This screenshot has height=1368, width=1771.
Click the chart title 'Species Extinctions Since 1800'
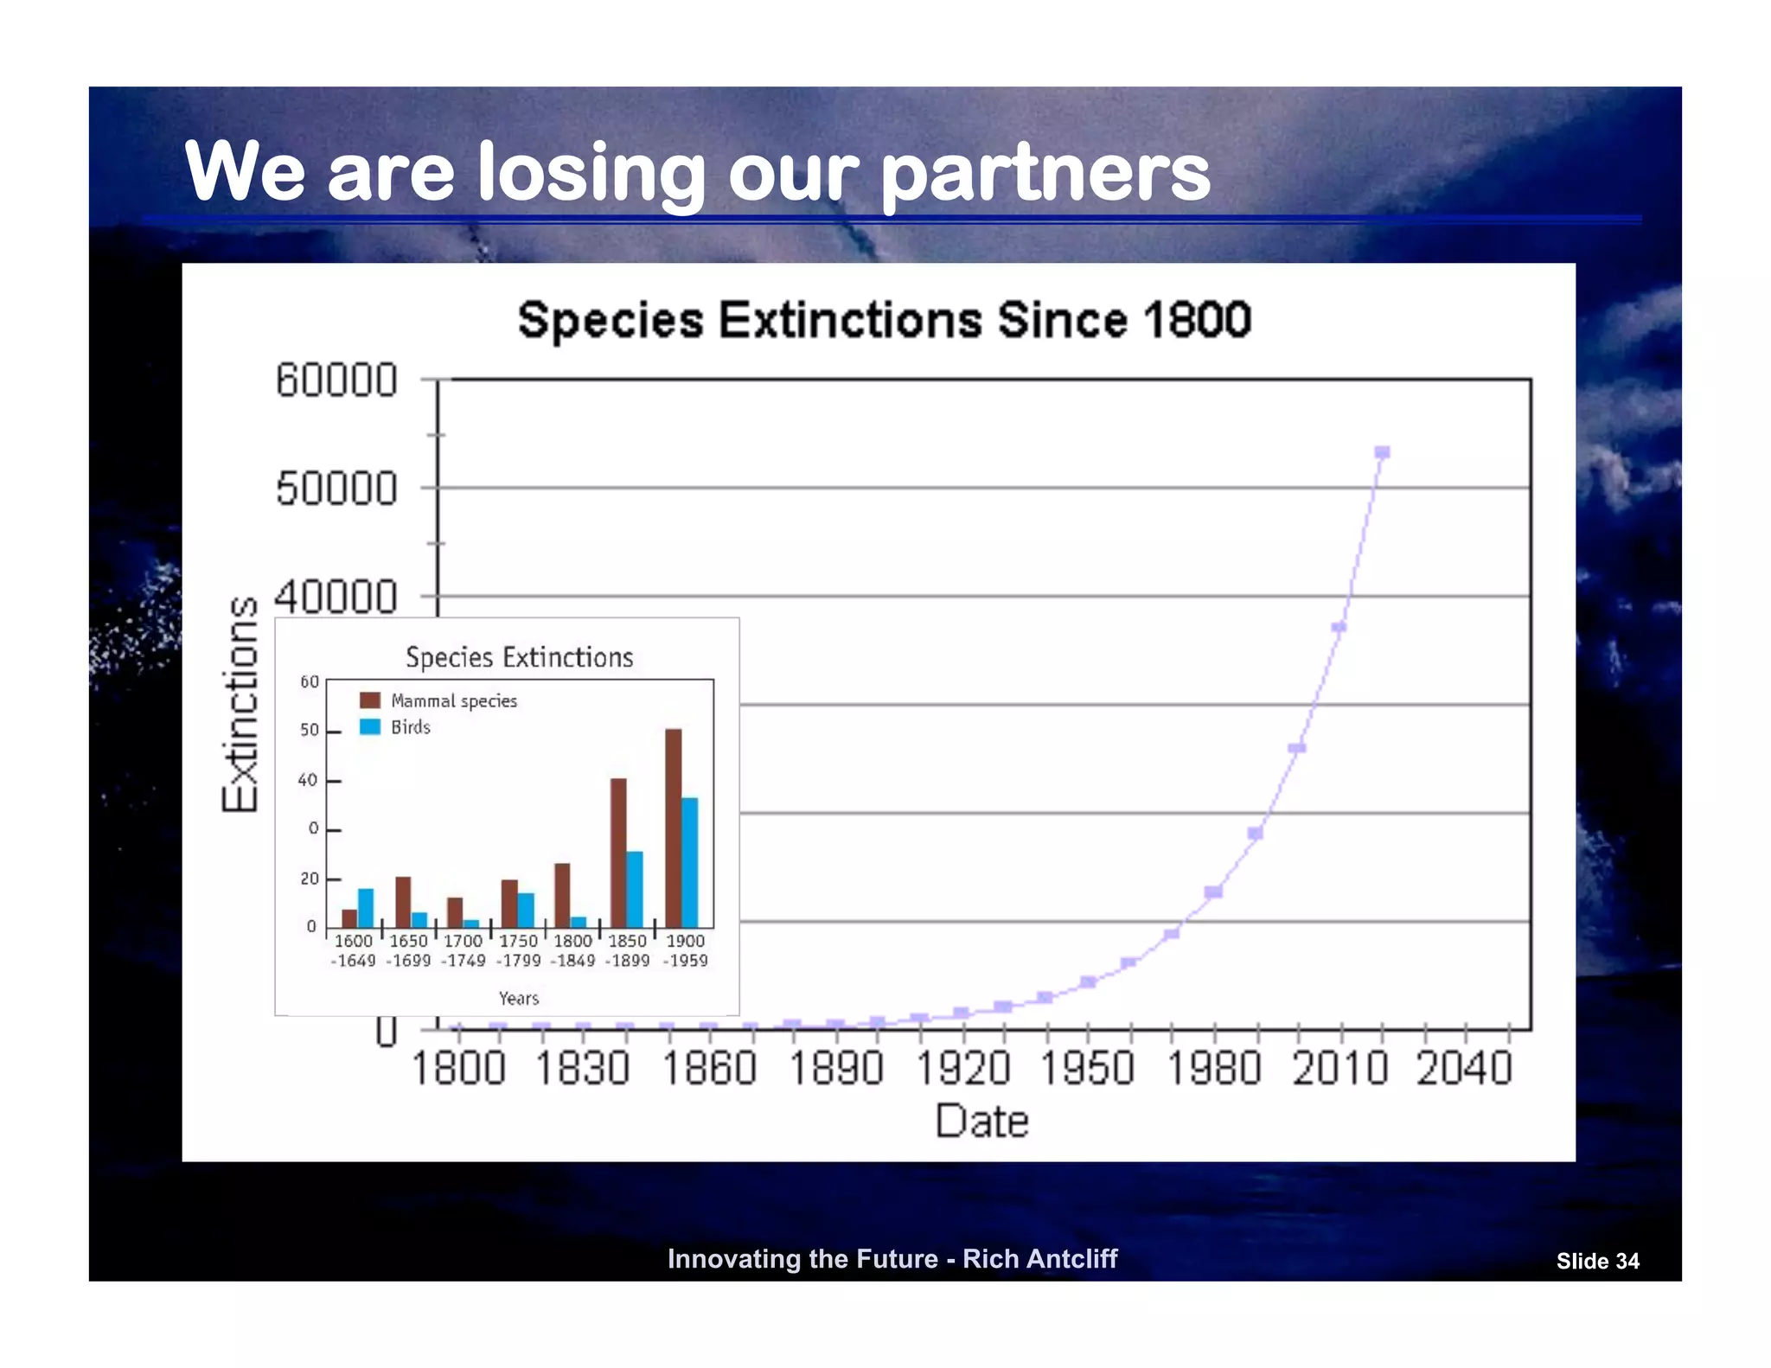pyautogui.click(x=884, y=320)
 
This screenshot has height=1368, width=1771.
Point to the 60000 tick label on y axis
pyautogui.click(x=336, y=380)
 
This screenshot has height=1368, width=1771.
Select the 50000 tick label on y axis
pyautogui.click(x=336, y=489)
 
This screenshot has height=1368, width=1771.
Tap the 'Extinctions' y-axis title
pyautogui.click(x=240, y=705)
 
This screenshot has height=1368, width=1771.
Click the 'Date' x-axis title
pyautogui.click(x=981, y=1122)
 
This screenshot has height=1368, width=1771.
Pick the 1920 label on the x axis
pyautogui.click(x=962, y=1068)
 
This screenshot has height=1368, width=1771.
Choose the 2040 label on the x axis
pyautogui.click(x=1464, y=1068)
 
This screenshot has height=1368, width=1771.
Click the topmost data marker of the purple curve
pyautogui.click(x=1382, y=452)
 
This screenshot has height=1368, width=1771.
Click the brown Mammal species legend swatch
pyautogui.click(x=370, y=700)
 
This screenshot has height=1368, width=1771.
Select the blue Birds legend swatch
pyautogui.click(x=370, y=726)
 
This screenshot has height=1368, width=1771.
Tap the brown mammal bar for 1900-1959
pyautogui.click(x=673, y=828)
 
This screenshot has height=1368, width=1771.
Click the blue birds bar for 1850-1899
pyautogui.click(x=635, y=889)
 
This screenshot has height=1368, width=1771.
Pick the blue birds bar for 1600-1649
pyautogui.click(x=366, y=908)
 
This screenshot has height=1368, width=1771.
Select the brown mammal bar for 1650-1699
pyautogui.click(x=403, y=902)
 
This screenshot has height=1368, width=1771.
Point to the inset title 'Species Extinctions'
pyautogui.click(x=519, y=657)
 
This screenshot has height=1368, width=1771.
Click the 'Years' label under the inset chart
pyautogui.click(x=519, y=999)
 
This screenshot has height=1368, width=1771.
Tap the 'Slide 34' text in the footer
pyautogui.click(x=1597, y=1262)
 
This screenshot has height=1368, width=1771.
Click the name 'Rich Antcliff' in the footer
pyautogui.click(x=1039, y=1259)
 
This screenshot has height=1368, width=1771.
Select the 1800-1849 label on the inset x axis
pyautogui.click(x=572, y=950)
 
